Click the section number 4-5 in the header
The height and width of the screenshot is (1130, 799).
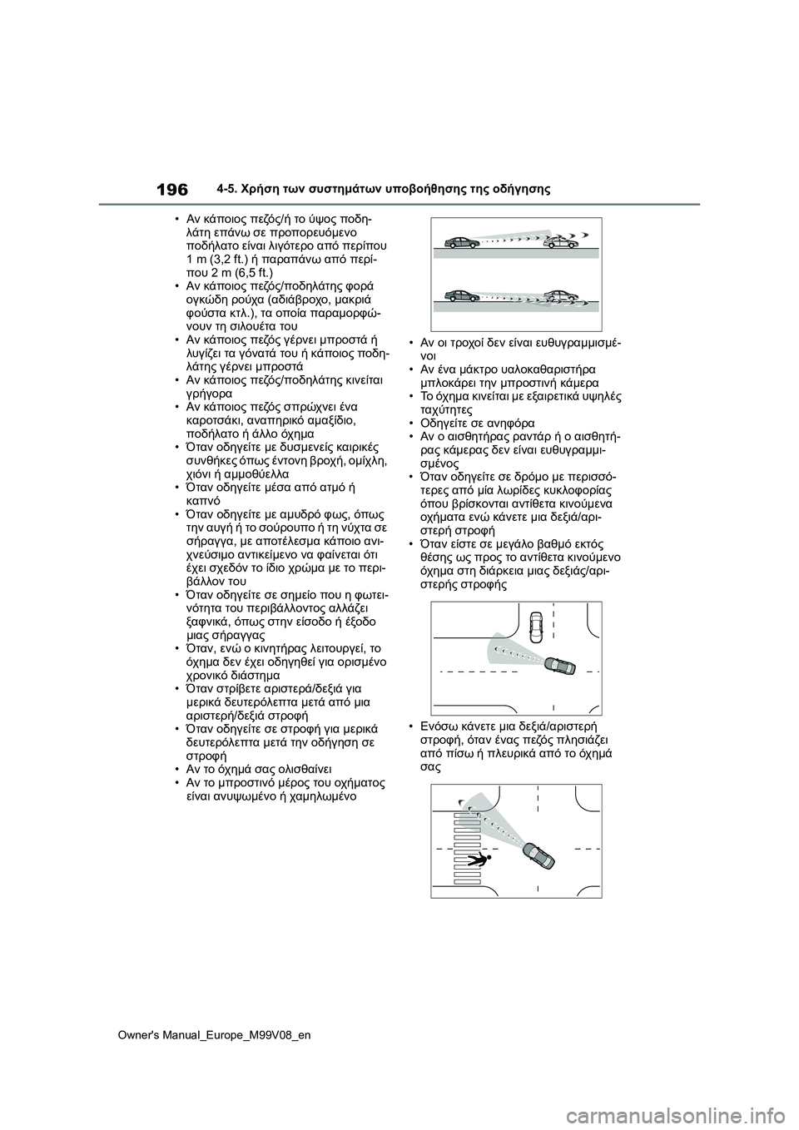(x=237, y=189)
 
